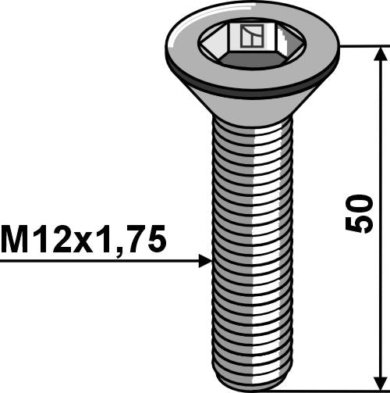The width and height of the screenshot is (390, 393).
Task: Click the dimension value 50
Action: [360, 213]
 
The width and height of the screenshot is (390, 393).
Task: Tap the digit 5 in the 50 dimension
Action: [360, 223]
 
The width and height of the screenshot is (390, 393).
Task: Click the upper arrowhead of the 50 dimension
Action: [381, 55]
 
